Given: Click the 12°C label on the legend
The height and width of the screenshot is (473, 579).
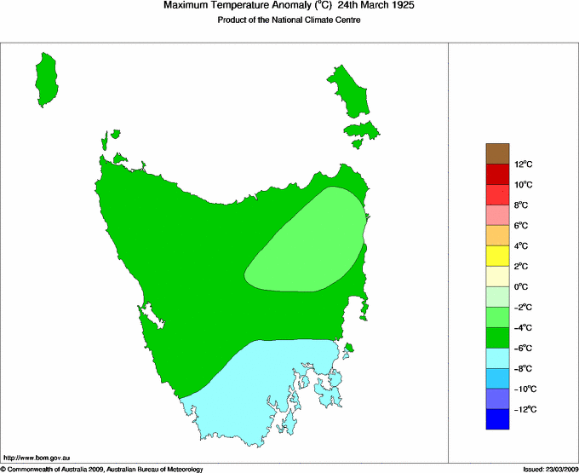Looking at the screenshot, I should pos(523,164).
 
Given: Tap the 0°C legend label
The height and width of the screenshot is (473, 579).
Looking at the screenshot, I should pos(523,287).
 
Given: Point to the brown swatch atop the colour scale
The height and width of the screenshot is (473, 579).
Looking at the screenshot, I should pos(497,153).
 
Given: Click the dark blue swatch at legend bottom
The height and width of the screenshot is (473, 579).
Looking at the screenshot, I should pos(497,419).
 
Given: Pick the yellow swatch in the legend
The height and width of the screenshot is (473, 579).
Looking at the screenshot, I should pos(497,256).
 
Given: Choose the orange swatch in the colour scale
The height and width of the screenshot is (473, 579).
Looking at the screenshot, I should pos(497,235).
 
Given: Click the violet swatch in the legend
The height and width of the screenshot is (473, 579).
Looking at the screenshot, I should pos(497,399).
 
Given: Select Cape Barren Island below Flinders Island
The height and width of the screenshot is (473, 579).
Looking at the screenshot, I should pos(361,131).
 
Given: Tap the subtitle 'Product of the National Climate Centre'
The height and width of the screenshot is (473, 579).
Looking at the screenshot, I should pos(289,20).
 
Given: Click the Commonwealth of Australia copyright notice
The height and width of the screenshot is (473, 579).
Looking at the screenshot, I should pos(102,469).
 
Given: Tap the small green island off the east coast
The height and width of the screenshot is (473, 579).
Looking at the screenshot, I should pos(348,347).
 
